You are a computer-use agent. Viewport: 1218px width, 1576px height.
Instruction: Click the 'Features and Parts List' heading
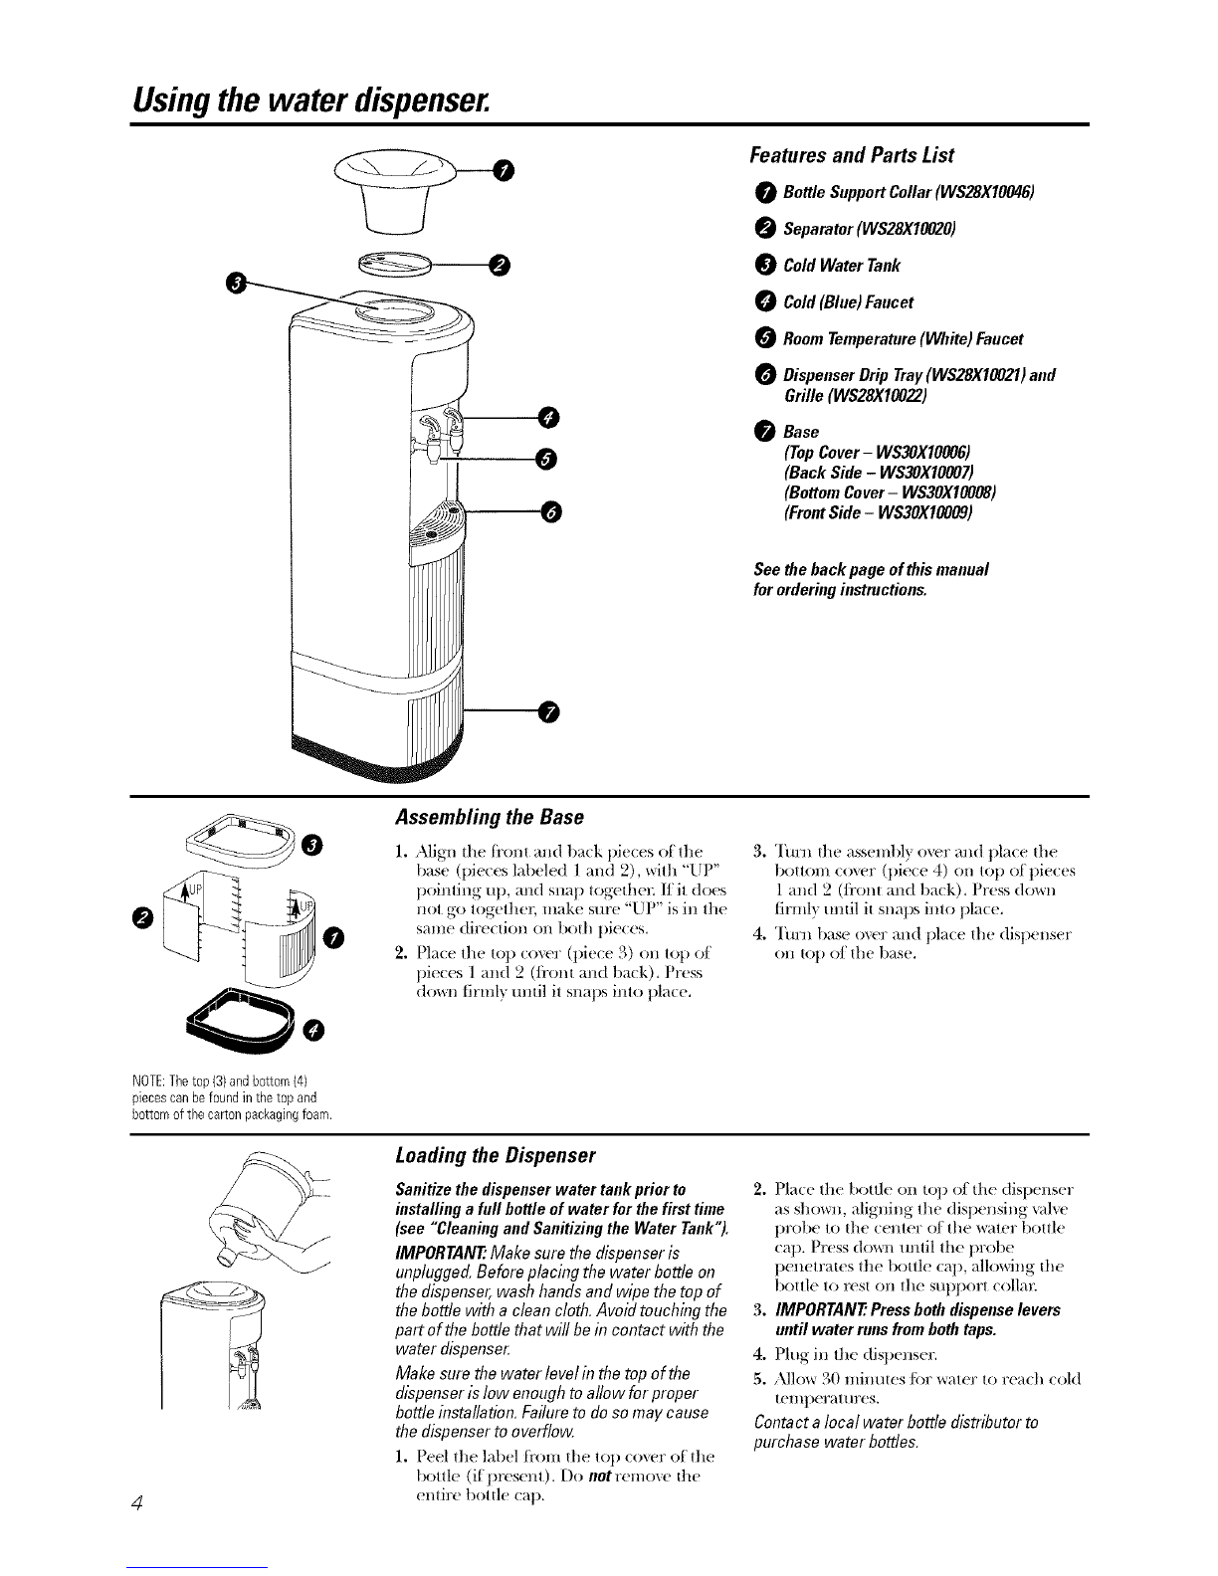click(x=851, y=155)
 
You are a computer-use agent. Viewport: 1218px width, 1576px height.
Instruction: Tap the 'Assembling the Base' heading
click(x=489, y=818)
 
